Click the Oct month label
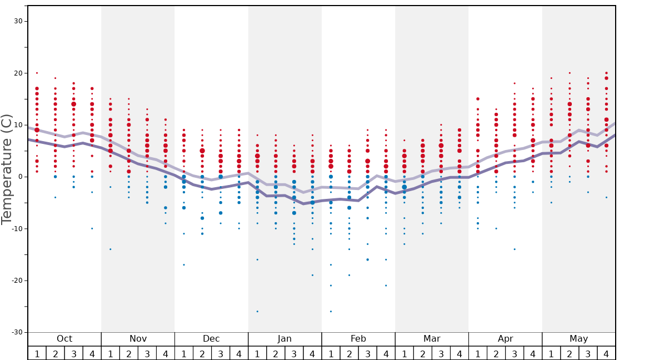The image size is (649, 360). pyautogui.click(x=64, y=339)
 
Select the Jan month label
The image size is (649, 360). pyautogui.click(x=284, y=339)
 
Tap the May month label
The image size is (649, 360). pyautogui.click(x=578, y=339)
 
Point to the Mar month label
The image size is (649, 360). pyautogui.click(x=432, y=339)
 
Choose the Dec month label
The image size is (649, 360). pyautogui.click(x=211, y=339)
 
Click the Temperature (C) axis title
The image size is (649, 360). pyautogui.click(x=7, y=169)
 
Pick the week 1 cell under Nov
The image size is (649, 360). pyautogui.click(x=111, y=353)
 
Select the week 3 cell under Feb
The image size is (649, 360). pyautogui.click(x=367, y=353)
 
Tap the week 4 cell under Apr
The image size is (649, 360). pyautogui.click(x=533, y=353)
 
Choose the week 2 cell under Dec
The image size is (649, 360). pyautogui.click(x=202, y=353)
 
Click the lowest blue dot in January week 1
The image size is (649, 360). pyautogui.click(x=257, y=312)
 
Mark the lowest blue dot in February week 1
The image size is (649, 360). pyautogui.click(x=331, y=312)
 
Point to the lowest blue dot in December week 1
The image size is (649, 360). pyautogui.click(x=184, y=265)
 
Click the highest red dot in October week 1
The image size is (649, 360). pyautogui.click(x=37, y=73)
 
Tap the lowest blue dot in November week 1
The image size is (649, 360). pyautogui.click(x=111, y=249)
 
